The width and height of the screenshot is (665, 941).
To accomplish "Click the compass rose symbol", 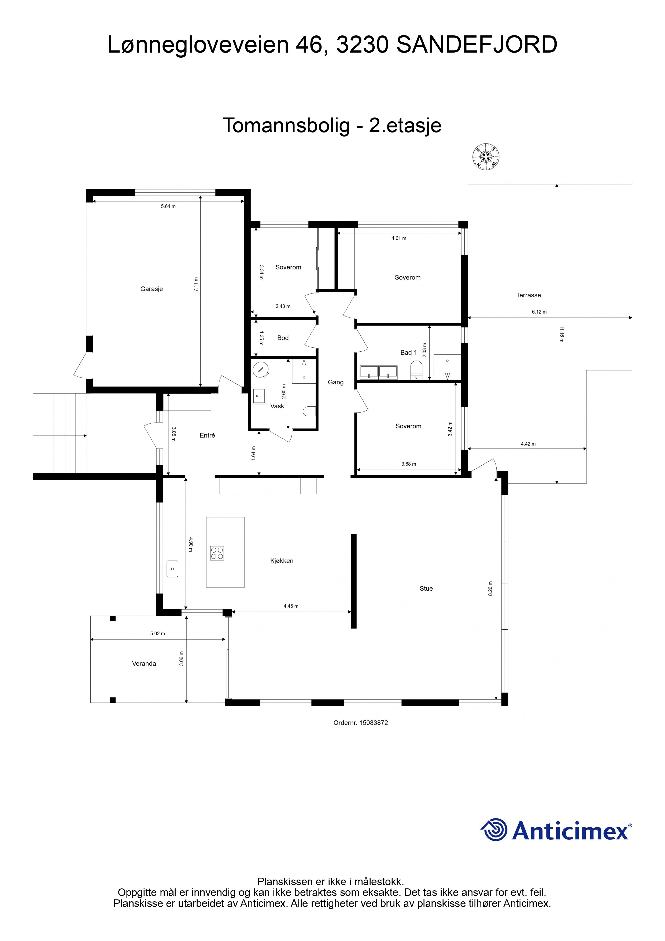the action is (x=486, y=157).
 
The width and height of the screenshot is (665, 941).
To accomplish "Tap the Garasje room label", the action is (x=152, y=289).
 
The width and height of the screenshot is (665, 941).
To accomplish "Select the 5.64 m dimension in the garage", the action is (x=168, y=206).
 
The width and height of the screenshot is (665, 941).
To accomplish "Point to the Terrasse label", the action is (x=529, y=295).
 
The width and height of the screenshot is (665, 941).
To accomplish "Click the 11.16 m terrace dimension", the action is (x=561, y=334).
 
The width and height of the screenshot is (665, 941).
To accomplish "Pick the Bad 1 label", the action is (x=408, y=352).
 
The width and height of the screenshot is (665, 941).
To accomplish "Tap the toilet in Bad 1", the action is (x=416, y=370).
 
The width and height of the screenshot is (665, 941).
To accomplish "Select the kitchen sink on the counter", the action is (x=172, y=569).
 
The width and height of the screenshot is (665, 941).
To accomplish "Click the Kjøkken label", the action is (x=282, y=561).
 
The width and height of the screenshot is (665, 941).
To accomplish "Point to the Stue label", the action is (x=426, y=589).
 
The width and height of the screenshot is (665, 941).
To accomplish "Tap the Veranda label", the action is (x=144, y=664).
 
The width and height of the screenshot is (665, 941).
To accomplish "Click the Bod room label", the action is (x=283, y=338).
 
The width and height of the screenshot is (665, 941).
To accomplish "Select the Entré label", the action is (x=207, y=435).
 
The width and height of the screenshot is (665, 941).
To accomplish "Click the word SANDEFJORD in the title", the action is (x=477, y=45).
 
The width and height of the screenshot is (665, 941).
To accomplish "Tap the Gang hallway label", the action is (x=335, y=383).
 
